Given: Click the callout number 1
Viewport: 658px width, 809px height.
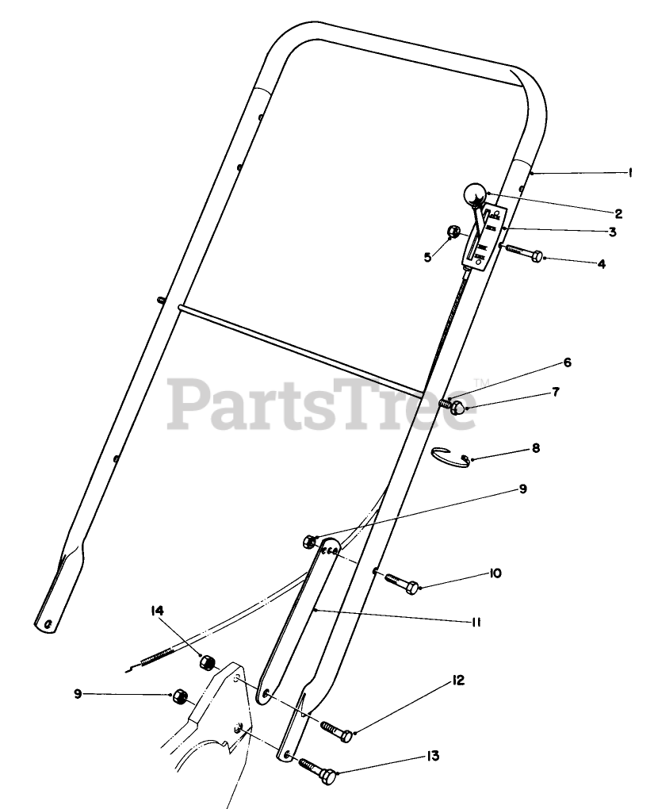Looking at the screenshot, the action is [x=630, y=172].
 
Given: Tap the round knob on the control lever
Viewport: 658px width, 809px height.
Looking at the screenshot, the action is [x=473, y=194].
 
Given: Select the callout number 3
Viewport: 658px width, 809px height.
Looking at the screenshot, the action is [x=612, y=232].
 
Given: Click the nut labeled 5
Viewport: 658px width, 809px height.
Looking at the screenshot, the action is [x=454, y=232].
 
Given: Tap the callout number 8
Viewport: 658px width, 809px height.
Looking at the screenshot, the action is [x=536, y=448].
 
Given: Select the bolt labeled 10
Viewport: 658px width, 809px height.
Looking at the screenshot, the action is [x=403, y=583].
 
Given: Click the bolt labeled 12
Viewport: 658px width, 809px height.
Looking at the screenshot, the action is [x=337, y=730].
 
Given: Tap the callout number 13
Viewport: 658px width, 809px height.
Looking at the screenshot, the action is [x=432, y=757].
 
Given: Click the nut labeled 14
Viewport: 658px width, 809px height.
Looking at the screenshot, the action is [x=209, y=661].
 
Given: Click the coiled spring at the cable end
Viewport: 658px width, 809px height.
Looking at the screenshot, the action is [x=157, y=655].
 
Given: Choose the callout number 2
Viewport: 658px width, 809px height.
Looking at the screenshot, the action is [x=618, y=213].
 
